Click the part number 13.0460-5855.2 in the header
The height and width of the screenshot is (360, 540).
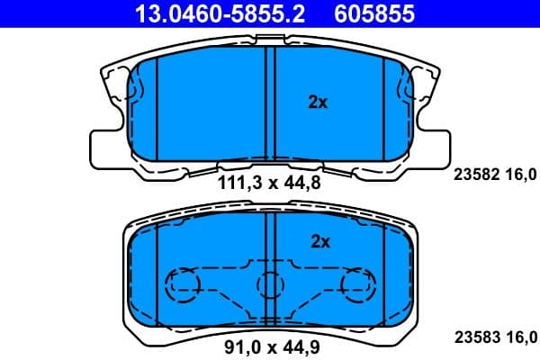pos(206,13)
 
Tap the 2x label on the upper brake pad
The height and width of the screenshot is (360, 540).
pos(318,103)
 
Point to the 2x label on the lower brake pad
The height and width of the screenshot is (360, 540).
pos(320,241)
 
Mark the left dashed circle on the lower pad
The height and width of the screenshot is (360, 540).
pos(183,285)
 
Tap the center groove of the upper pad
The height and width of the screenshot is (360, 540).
pos(270,103)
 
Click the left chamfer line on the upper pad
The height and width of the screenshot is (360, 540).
pos(157,108)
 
